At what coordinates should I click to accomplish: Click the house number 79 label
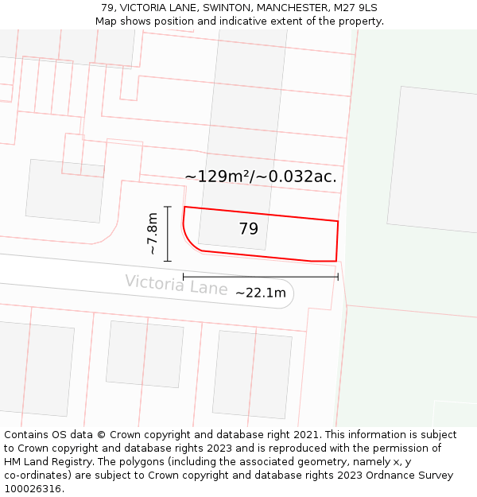(248, 229)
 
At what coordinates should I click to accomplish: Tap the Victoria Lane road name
(176, 284)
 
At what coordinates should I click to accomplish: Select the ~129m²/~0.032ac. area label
(260, 177)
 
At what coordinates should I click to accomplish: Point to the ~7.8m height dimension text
(152, 233)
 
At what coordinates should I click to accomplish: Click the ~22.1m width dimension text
(260, 293)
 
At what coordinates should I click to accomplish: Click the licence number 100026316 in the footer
(31, 488)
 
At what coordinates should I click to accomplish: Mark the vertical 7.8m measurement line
(168, 234)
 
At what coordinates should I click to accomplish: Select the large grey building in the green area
(432, 159)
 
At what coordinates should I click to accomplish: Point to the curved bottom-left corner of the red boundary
(189, 241)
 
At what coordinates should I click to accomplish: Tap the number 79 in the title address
(108, 8)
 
